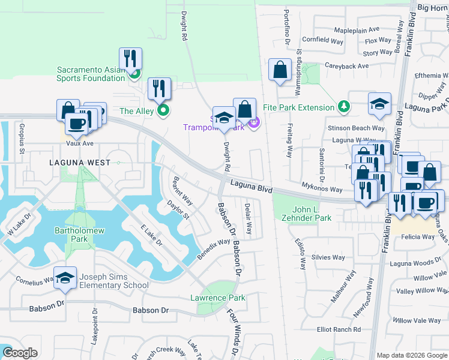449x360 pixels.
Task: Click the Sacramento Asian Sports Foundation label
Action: tap(91, 74)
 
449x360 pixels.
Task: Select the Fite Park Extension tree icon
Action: tap(343, 107)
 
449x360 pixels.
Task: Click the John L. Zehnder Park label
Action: tap(303, 214)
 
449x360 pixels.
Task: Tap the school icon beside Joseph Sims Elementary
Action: tap(65, 278)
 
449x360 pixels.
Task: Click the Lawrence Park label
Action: tap(217, 298)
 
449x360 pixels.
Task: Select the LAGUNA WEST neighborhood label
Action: tap(80, 163)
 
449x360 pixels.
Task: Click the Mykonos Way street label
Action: tap(322, 189)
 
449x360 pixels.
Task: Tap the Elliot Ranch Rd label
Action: tap(339, 329)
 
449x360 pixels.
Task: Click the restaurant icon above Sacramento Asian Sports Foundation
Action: tap(130, 59)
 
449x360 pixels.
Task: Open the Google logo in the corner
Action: tap(20, 353)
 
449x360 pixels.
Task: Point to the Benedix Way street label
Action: tap(214, 249)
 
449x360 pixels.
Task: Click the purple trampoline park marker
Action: tap(253, 123)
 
